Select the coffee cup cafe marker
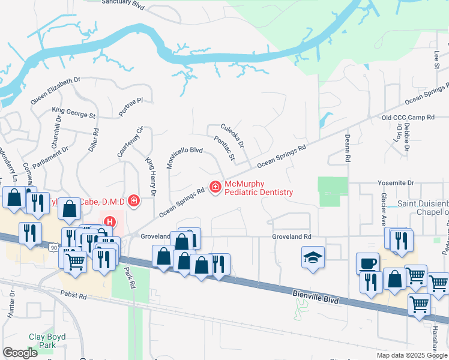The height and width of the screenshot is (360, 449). click(367, 263)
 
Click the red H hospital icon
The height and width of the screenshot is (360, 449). click(109, 221)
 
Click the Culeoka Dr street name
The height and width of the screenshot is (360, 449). click(232, 136)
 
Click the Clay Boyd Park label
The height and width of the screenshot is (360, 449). click(47, 341)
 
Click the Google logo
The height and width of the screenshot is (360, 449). click(20, 353)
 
